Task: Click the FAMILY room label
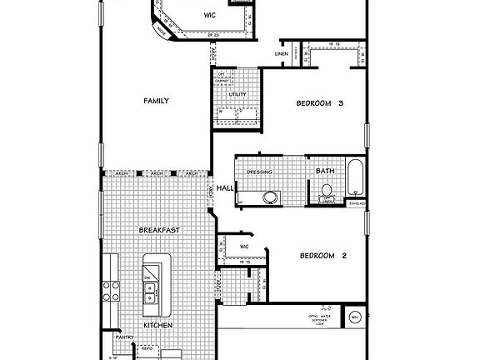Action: (x=156, y=101)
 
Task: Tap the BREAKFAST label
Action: (x=159, y=229)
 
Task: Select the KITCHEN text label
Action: (x=157, y=325)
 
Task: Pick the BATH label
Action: (x=325, y=172)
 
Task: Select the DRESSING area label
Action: (x=261, y=172)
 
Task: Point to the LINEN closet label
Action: (x=282, y=55)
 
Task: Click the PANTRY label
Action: (x=125, y=337)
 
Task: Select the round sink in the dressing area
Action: (x=269, y=197)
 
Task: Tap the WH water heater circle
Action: (x=354, y=317)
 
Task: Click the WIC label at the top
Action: (x=210, y=15)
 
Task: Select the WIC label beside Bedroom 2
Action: (x=244, y=247)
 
